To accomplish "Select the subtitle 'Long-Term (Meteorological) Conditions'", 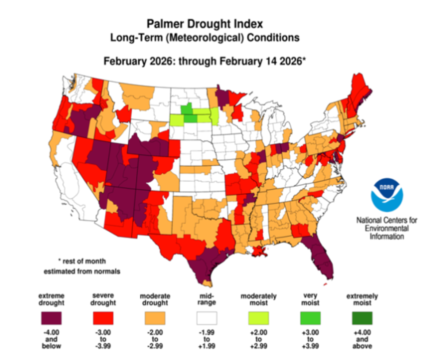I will tap(204, 38).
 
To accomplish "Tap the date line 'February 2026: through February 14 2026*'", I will tap(205, 61).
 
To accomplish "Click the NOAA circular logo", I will tap(387, 195).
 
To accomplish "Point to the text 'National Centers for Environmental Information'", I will tap(387, 228).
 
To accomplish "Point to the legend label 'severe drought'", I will tap(103, 299).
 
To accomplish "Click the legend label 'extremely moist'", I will tap(362, 299).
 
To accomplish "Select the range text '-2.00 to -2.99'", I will tap(154, 339).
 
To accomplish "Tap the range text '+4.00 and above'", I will tap(362, 339).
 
